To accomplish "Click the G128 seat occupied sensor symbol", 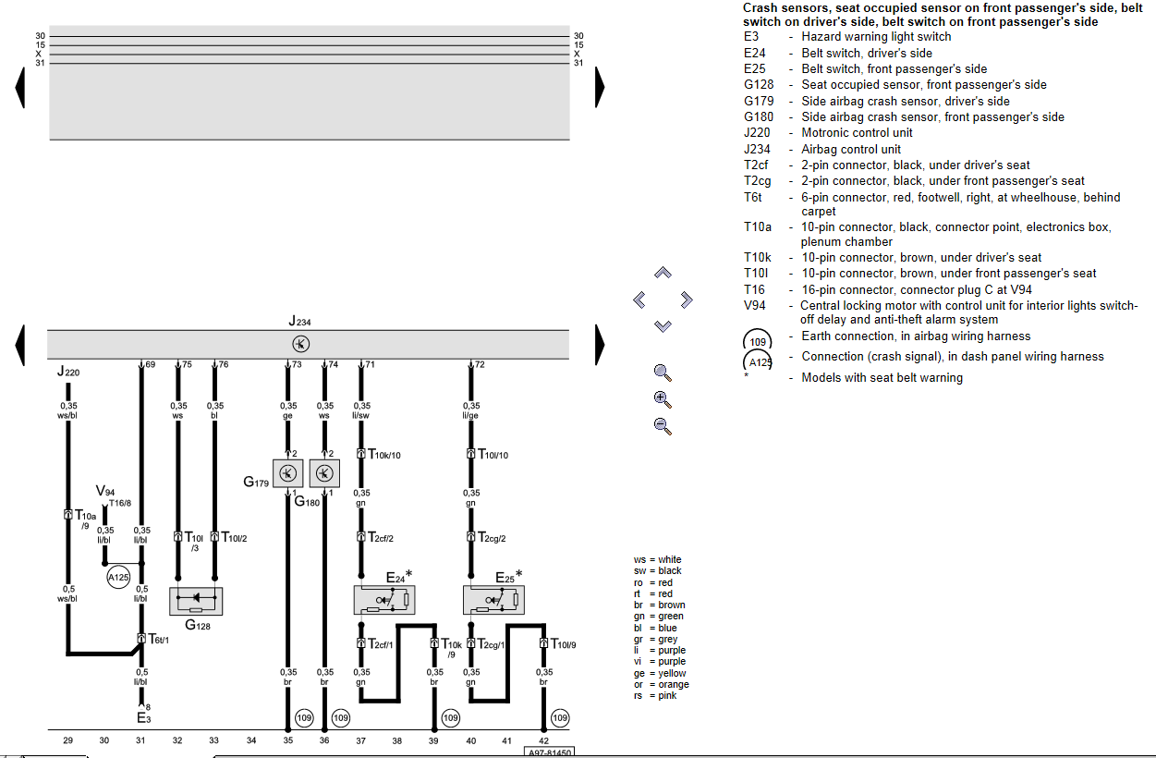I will point(196,601).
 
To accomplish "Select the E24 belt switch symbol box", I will point(385,600).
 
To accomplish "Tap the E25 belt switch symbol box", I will point(493,600).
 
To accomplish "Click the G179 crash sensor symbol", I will point(288,473).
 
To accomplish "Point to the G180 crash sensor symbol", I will point(324,473).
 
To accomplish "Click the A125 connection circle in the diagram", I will point(118,578).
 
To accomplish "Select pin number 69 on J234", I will point(150,365).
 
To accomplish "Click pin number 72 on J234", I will point(480,365).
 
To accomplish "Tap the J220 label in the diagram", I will point(67,373).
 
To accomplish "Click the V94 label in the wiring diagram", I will point(105,491).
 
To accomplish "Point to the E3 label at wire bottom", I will point(143,717).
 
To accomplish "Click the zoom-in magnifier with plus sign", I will point(662,399).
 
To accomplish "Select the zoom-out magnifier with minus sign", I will point(662,426).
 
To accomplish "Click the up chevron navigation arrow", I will point(663,273).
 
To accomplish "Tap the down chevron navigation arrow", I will point(663,325).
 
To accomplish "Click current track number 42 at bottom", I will point(542,740).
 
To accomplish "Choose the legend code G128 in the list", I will point(759,85).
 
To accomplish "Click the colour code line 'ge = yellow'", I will point(660,673).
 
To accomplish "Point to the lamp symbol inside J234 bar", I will point(300,343).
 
